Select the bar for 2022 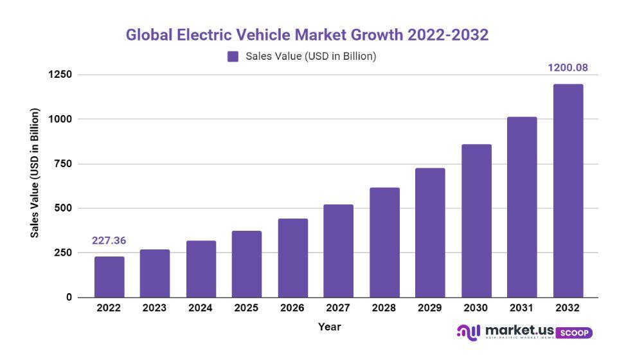(x=109, y=277)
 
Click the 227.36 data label (x=109, y=241)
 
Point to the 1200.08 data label (x=568, y=67)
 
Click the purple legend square (x=233, y=57)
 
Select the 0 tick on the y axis (x=69, y=298)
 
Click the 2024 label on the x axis (x=201, y=308)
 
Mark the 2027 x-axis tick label (x=338, y=308)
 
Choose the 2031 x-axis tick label (x=522, y=308)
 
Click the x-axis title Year (x=329, y=327)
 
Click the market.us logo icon (x=468, y=332)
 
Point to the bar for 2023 (x=155, y=273)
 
